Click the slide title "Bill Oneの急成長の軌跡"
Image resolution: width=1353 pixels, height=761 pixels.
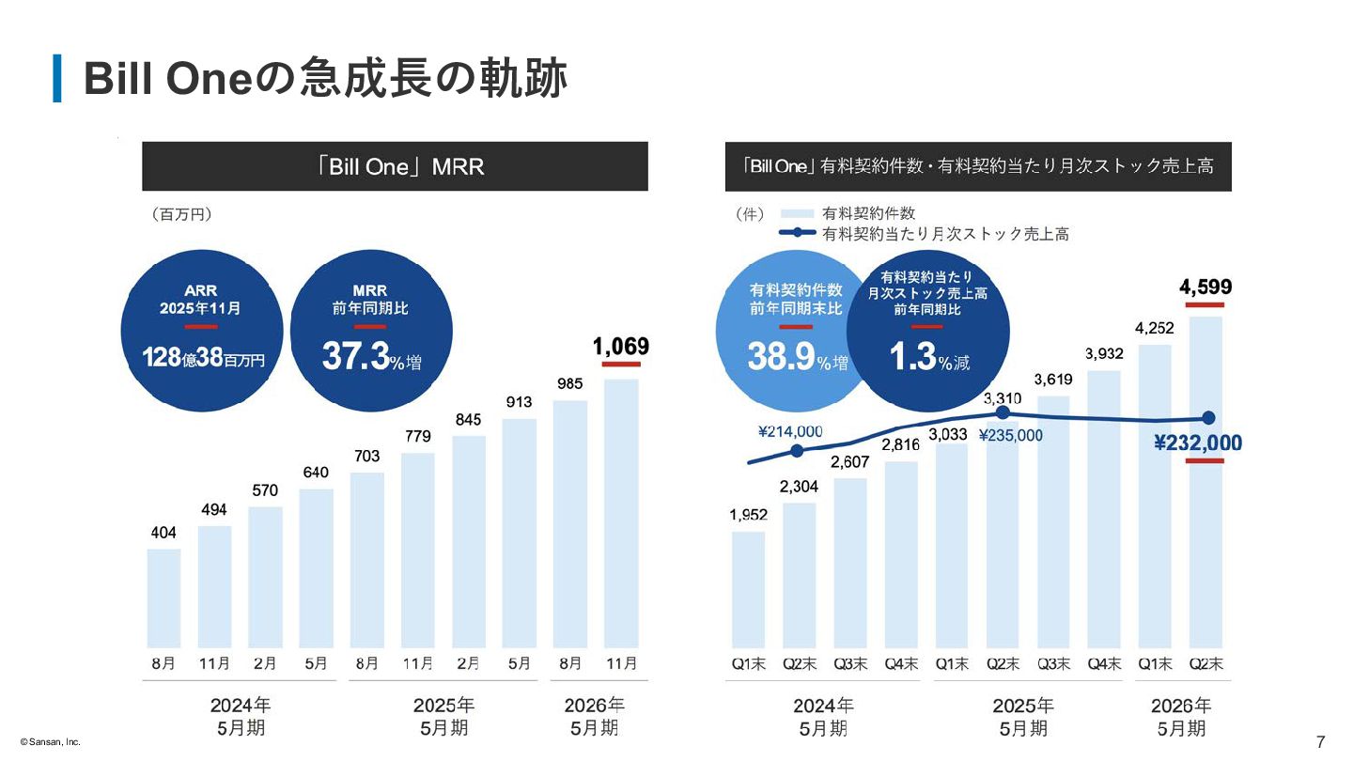click(325, 79)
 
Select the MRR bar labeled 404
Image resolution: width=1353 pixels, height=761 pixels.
click(163, 598)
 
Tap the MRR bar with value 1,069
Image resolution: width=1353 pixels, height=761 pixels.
click(620, 512)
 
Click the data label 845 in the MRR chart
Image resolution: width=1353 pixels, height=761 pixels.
click(468, 420)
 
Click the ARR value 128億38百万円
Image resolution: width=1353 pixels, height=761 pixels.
click(203, 358)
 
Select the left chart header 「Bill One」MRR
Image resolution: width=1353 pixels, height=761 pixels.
click(395, 167)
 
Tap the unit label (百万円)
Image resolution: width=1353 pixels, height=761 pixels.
click(181, 214)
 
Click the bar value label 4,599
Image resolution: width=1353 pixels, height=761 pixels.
click(1205, 287)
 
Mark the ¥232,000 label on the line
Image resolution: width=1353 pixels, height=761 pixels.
click(1198, 443)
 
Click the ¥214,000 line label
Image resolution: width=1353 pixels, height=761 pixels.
click(790, 431)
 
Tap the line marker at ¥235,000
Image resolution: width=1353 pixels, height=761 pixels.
click(1003, 412)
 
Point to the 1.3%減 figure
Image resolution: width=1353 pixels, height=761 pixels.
click(927, 357)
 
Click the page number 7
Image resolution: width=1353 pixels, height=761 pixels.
click(1320, 741)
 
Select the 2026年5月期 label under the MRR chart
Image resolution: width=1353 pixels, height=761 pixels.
click(594, 716)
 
